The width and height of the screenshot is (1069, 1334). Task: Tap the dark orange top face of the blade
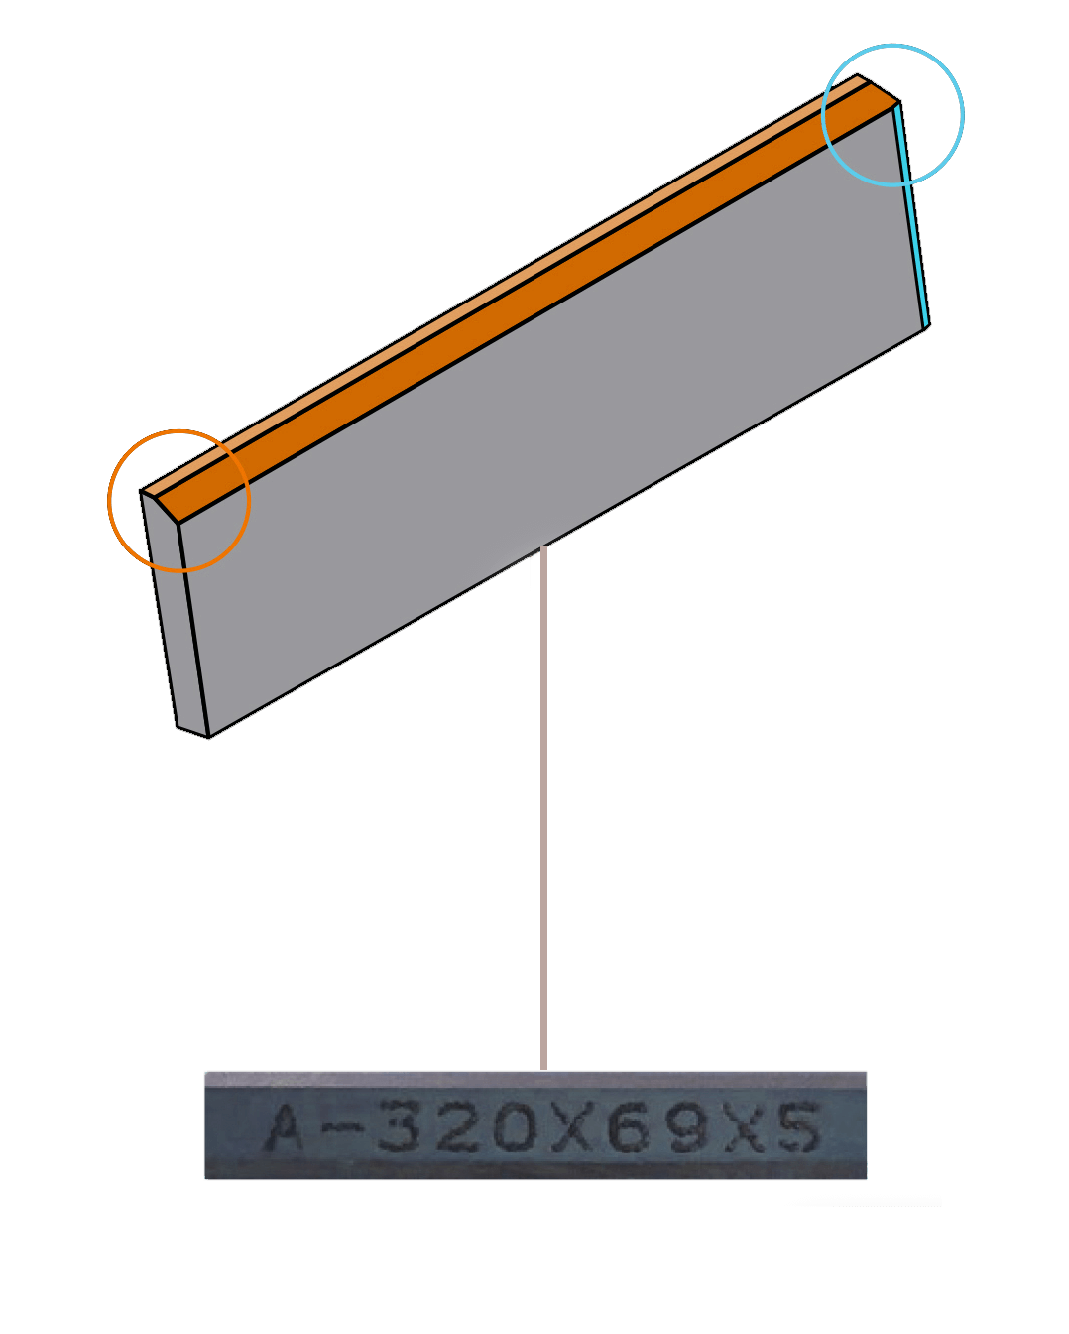tap(527, 303)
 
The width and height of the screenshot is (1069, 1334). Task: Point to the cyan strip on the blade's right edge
tap(911, 215)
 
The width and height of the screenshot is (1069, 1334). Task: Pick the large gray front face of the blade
tap(551, 422)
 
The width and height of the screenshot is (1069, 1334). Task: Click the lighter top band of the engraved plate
tap(535, 1079)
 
